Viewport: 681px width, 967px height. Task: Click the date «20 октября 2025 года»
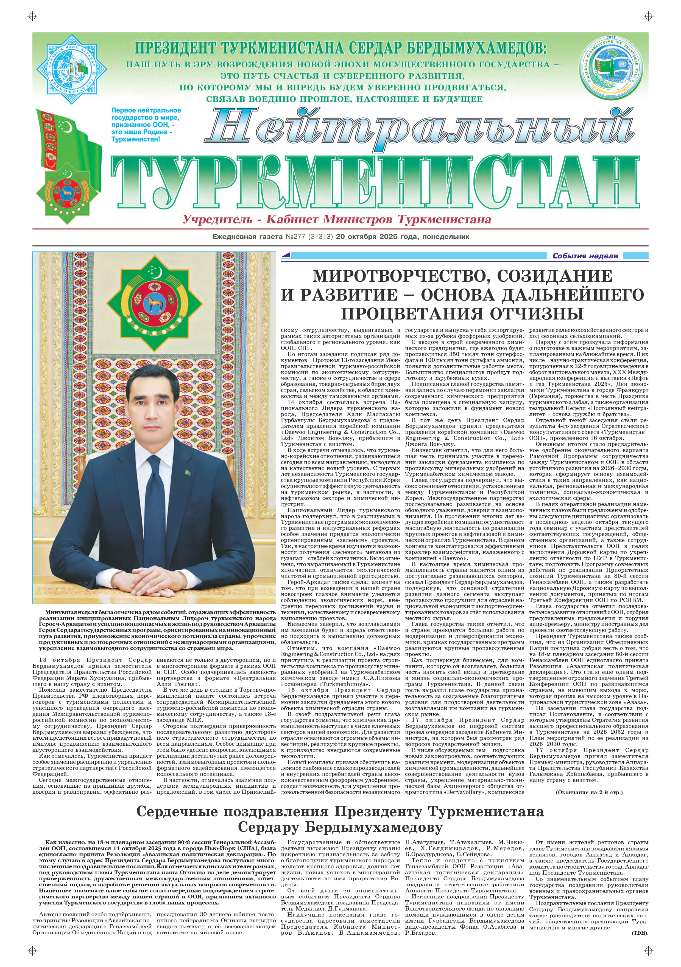(376, 237)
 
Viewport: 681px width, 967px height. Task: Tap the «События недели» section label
(585, 256)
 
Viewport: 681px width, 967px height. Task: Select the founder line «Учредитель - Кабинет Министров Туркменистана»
(337, 219)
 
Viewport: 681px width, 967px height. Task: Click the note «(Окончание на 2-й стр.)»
(589, 792)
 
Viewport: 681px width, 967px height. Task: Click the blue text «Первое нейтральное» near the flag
(146, 110)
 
